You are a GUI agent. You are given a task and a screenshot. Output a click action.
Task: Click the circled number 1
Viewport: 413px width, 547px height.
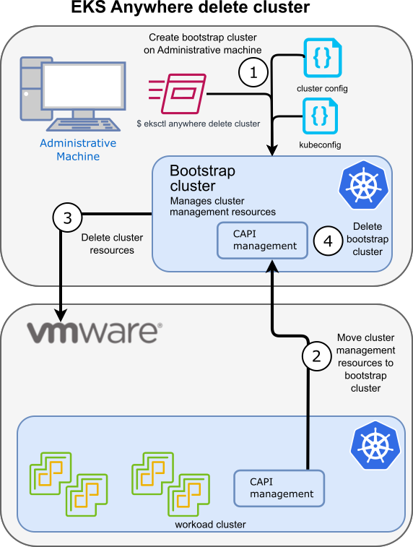pos(253,72)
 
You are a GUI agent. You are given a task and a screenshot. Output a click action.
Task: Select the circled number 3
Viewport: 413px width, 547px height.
pos(67,220)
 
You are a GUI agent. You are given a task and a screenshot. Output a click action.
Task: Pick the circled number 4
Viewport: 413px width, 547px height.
pos(328,241)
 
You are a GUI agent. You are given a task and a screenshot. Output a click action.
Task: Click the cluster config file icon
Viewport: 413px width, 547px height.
pos(322,59)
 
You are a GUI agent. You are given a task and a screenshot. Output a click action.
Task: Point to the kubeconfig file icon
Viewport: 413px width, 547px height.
pos(322,114)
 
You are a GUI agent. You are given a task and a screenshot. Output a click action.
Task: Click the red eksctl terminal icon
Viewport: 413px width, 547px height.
pos(178,93)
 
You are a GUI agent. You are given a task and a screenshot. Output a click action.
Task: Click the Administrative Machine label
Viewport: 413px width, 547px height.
pos(78,150)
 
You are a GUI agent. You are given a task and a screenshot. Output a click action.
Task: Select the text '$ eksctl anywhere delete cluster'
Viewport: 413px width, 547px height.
pos(198,124)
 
